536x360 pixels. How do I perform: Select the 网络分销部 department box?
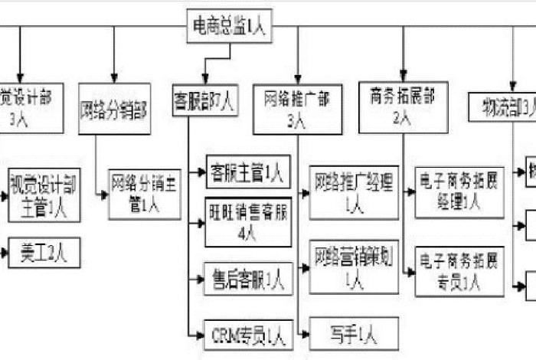114,108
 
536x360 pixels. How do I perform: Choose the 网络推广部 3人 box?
297,109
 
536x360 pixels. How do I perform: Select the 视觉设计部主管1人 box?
43,191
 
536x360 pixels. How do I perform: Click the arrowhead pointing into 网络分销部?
114,79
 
